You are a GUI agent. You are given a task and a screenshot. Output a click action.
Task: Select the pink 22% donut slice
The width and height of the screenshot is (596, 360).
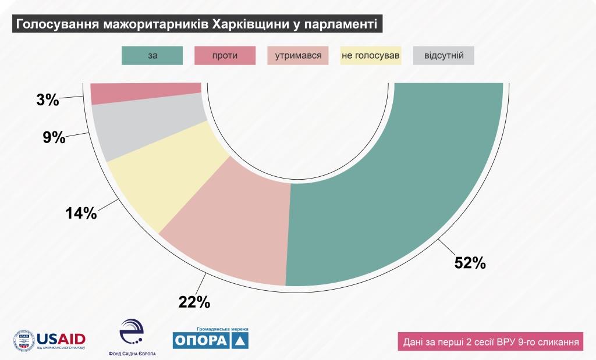[233, 227]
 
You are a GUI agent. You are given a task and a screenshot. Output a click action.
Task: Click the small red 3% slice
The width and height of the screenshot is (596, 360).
[146, 93]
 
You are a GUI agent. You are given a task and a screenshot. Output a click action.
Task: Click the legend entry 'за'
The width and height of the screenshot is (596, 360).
[152, 55]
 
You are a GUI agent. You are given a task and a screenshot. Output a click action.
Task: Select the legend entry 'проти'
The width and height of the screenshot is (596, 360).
[225, 55]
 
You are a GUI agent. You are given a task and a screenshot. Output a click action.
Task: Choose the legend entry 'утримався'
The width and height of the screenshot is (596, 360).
[298, 55]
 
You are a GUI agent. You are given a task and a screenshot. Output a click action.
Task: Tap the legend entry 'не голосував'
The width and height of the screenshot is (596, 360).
[371, 55]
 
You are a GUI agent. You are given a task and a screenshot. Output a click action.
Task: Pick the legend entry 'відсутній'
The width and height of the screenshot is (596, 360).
[444, 55]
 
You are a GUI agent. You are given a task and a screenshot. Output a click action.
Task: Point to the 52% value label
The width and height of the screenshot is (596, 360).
[470, 263]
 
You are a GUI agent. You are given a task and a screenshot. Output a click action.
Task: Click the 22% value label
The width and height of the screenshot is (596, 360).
[194, 302]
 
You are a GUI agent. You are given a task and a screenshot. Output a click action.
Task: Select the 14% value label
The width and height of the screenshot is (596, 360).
[81, 213]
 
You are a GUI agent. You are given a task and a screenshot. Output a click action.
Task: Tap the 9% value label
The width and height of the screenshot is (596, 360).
[54, 138]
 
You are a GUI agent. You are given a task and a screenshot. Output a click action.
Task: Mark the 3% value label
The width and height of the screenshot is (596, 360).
[48, 100]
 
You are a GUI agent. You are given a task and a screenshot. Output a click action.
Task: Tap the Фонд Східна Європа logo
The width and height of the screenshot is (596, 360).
[132, 338]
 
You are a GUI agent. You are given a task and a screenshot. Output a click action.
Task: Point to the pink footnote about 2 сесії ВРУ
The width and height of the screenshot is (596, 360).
[490, 341]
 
